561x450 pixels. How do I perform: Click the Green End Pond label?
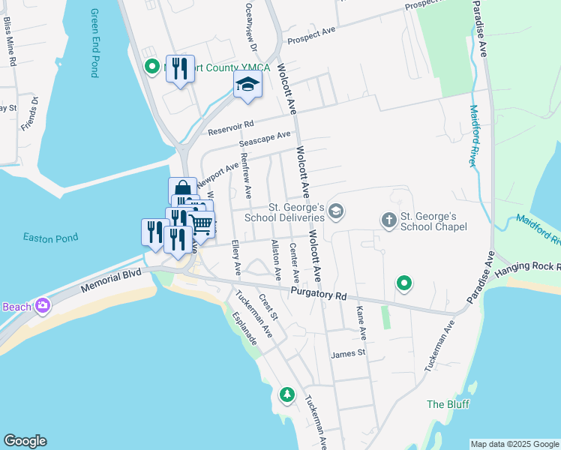94,43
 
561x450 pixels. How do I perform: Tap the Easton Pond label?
50,238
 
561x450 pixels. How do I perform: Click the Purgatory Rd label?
319,295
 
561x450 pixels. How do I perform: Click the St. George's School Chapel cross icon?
388,220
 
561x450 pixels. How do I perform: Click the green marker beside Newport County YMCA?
151,67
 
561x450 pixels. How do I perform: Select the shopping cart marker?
200,223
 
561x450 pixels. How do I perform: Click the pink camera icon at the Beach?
43,306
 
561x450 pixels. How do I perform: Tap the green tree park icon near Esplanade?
286,394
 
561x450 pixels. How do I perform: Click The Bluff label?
448,404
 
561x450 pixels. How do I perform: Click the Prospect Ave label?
310,34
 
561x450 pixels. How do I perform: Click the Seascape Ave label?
264,139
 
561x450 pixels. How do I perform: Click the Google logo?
25,441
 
